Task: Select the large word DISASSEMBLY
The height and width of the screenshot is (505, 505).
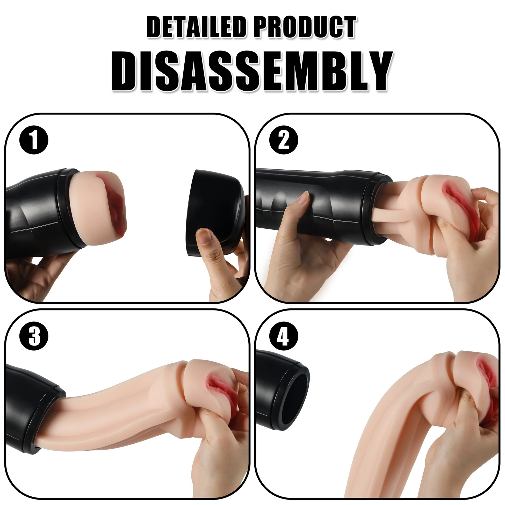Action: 252,71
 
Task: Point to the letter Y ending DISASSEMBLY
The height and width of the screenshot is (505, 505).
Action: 376,71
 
